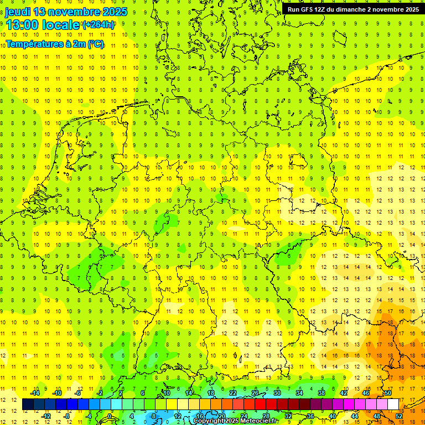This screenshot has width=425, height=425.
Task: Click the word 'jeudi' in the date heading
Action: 18,12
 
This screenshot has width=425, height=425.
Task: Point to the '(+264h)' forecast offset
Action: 99,24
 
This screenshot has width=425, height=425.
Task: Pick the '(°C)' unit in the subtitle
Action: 95,44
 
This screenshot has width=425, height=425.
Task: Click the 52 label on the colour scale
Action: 399,416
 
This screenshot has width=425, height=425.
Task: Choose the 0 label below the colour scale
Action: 110,416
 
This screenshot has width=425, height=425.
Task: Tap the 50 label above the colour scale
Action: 388,393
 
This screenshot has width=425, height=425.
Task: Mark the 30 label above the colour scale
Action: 277,393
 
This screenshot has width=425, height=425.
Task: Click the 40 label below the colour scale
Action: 333,416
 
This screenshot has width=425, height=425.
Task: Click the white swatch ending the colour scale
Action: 393,405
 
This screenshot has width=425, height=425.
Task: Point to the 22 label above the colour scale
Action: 232,393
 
